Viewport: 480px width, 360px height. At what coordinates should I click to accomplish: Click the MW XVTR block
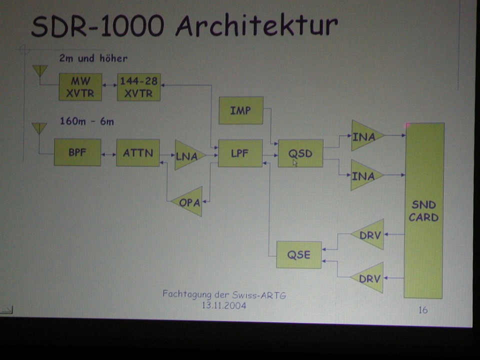[80, 87]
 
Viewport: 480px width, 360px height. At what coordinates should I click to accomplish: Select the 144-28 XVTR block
[138, 87]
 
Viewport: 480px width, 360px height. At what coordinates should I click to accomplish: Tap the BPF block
[77, 152]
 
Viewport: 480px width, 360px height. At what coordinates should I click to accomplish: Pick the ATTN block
[137, 153]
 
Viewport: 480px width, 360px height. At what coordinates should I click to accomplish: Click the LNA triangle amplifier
[187, 155]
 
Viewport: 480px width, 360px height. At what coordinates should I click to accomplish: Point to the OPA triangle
[189, 202]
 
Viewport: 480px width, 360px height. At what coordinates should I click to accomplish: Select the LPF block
[240, 153]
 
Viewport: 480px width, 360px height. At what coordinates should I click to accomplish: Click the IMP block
[240, 110]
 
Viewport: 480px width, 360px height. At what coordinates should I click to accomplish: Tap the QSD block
[300, 153]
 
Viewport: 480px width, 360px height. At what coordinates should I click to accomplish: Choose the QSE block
[298, 254]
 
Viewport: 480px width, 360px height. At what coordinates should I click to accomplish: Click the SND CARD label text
[423, 211]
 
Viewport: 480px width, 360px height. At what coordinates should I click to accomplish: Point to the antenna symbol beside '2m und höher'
[39, 70]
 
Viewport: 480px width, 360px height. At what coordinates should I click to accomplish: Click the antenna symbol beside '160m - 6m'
[39, 128]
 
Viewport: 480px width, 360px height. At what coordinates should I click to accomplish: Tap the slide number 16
[423, 310]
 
